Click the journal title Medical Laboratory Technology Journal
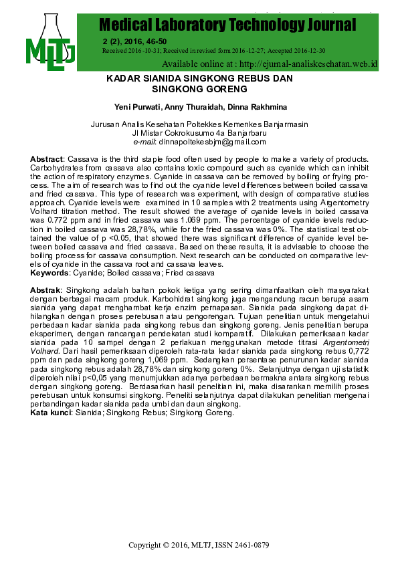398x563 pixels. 227,25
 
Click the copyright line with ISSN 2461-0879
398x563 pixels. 199,546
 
